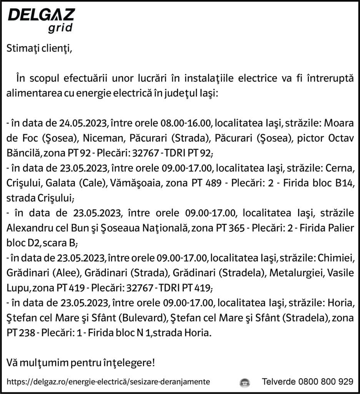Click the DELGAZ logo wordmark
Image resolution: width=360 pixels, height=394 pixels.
tap(42, 15)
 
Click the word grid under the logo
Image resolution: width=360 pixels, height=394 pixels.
tap(60, 28)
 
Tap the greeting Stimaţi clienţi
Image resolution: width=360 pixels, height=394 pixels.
tap(39, 49)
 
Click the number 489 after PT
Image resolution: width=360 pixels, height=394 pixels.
tap(213, 183)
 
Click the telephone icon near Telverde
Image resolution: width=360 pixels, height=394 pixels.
tap(245, 382)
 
